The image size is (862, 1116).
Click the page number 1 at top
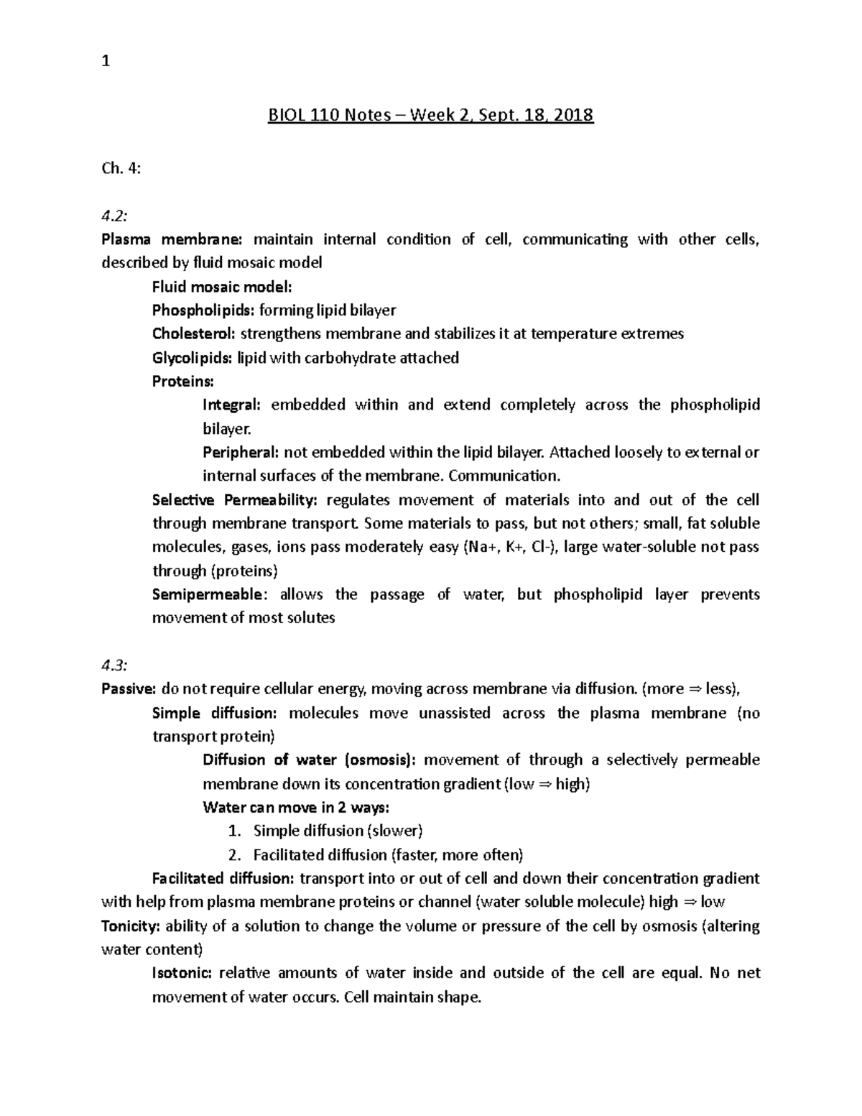[x=106, y=62]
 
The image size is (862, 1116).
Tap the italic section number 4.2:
[x=114, y=216]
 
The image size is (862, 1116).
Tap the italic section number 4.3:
[x=114, y=665]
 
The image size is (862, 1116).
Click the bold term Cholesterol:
[x=193, y=333]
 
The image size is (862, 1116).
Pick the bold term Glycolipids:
[x=192, y=357]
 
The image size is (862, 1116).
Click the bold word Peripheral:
[x=241, y=452]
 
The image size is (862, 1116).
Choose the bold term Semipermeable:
[x=210, y=594]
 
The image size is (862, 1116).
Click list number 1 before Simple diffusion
[x=233, y=831]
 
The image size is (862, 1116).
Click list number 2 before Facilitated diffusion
[x=233, y=854]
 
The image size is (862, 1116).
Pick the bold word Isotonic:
[x=182, y=973]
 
